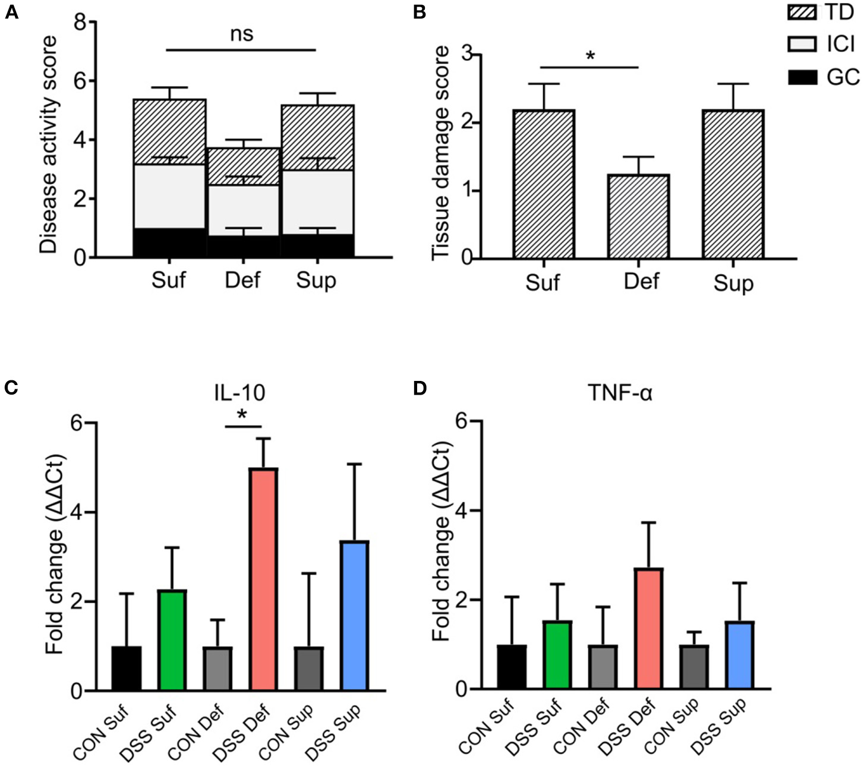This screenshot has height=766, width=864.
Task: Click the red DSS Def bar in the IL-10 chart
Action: coord(262,579)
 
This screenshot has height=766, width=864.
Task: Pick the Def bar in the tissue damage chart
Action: coord(639,217)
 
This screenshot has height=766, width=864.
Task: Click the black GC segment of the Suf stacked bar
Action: coord(169,243)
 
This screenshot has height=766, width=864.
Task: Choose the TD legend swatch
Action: coord(802,11)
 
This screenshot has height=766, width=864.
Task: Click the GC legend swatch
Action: coord(802,77)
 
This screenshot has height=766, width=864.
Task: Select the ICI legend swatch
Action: coord(802,44)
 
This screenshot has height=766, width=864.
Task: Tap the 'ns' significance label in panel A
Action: coord(241,34)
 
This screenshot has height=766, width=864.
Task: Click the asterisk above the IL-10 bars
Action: coord(242,415)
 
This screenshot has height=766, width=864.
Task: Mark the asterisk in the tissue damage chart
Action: coord(589,56)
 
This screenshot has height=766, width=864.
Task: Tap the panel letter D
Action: coord(420,388)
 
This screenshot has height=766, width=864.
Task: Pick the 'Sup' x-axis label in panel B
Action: coord(733,283)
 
